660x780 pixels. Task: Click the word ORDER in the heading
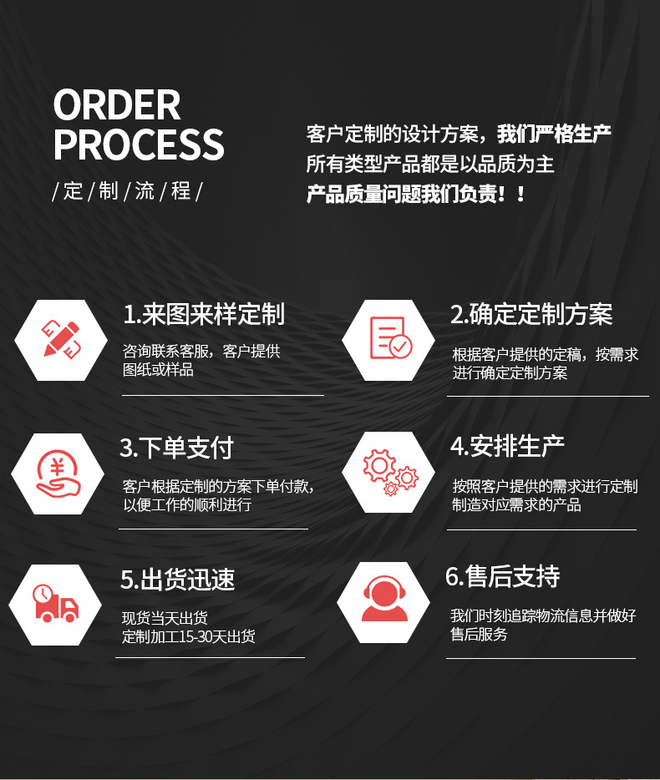pos(117,105)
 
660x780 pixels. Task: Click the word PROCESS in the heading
pos(139,144)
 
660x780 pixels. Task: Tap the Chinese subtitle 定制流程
pos(127,191)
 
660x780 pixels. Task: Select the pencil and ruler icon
pos(61,340)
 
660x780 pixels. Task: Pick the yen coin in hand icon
pos(57,474)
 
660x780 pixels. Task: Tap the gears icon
pos(388,471)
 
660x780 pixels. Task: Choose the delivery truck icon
pos(55,604)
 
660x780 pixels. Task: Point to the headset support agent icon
pos(384,601)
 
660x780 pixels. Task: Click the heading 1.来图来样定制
pos(204,315)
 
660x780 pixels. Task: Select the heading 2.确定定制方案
pos(531,315)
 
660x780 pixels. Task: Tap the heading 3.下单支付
pos(176,448)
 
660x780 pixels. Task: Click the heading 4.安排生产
pos(507,446)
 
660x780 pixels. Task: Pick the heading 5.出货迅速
pos(178,580)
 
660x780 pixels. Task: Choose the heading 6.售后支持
pos(503,577)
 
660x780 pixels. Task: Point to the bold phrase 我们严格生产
pos(554,134)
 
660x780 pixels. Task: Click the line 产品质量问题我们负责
pos(416,195)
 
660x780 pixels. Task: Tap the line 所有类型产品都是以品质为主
pos(429,164)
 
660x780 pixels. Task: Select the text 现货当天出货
pos(165,619)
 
